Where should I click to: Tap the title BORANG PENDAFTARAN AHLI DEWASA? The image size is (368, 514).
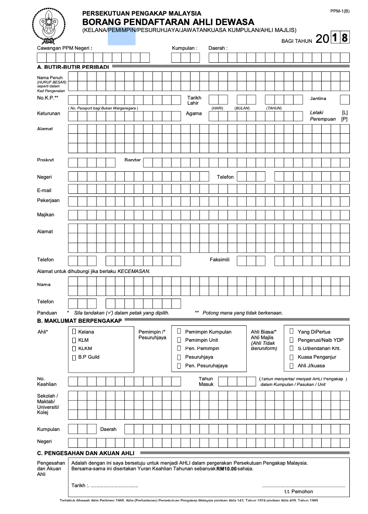pos(168,22)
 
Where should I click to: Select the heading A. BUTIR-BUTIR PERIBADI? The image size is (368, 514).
pos(73,67)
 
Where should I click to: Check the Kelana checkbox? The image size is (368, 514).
pos(74,331)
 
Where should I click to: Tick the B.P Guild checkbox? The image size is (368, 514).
pos(74,357)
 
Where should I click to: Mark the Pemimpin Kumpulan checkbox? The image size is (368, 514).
pos(179,331)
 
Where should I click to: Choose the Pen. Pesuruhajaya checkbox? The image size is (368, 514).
pos(179,366)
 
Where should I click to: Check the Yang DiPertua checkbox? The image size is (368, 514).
pos(291,331)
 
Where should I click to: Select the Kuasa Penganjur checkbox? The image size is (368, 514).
pos(291,357)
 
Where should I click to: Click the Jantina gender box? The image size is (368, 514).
pos(345,100)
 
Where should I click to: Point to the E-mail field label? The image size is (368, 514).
pos(44,190)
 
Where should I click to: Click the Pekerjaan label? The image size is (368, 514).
pos(48,200)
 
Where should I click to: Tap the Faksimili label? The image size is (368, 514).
pos(220,260)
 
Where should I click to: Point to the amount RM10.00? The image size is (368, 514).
pos(227,469)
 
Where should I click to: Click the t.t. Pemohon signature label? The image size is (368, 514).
pos(299,492)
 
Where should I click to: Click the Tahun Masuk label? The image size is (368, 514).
pos(206,381)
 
